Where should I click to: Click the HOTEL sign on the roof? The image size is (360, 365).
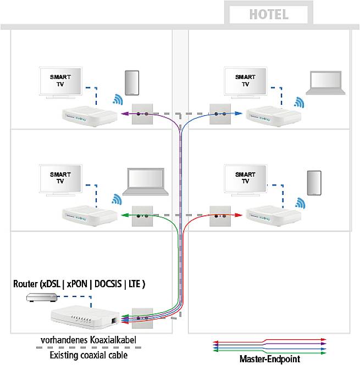[269, 14]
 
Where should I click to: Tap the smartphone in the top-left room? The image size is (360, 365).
[132, 83]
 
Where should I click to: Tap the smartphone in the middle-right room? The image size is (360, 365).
[314, 183]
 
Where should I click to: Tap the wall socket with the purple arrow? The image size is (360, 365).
[142, 114]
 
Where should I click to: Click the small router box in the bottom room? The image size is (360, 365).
[41, 297]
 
